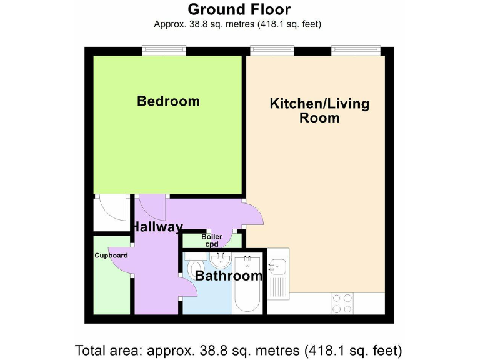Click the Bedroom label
tap(168, 101)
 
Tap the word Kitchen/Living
tap(319, 103)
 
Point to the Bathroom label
tap(228, 276)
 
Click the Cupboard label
tap(111, 256)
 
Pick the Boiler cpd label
tap(211, 241)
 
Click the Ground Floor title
tap(239, 9)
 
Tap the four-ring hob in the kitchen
tap(342, 303)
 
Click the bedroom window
tap(164, 50)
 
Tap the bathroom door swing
tap(187, 287)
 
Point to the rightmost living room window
tap(356, 50)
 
